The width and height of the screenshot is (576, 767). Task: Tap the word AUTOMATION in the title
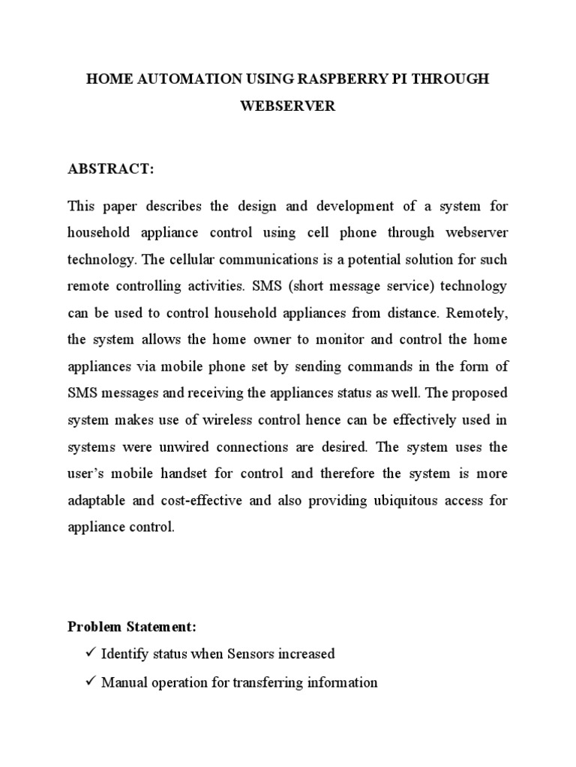tap(184, 79)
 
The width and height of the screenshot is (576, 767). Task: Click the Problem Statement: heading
tap(132, 626)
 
